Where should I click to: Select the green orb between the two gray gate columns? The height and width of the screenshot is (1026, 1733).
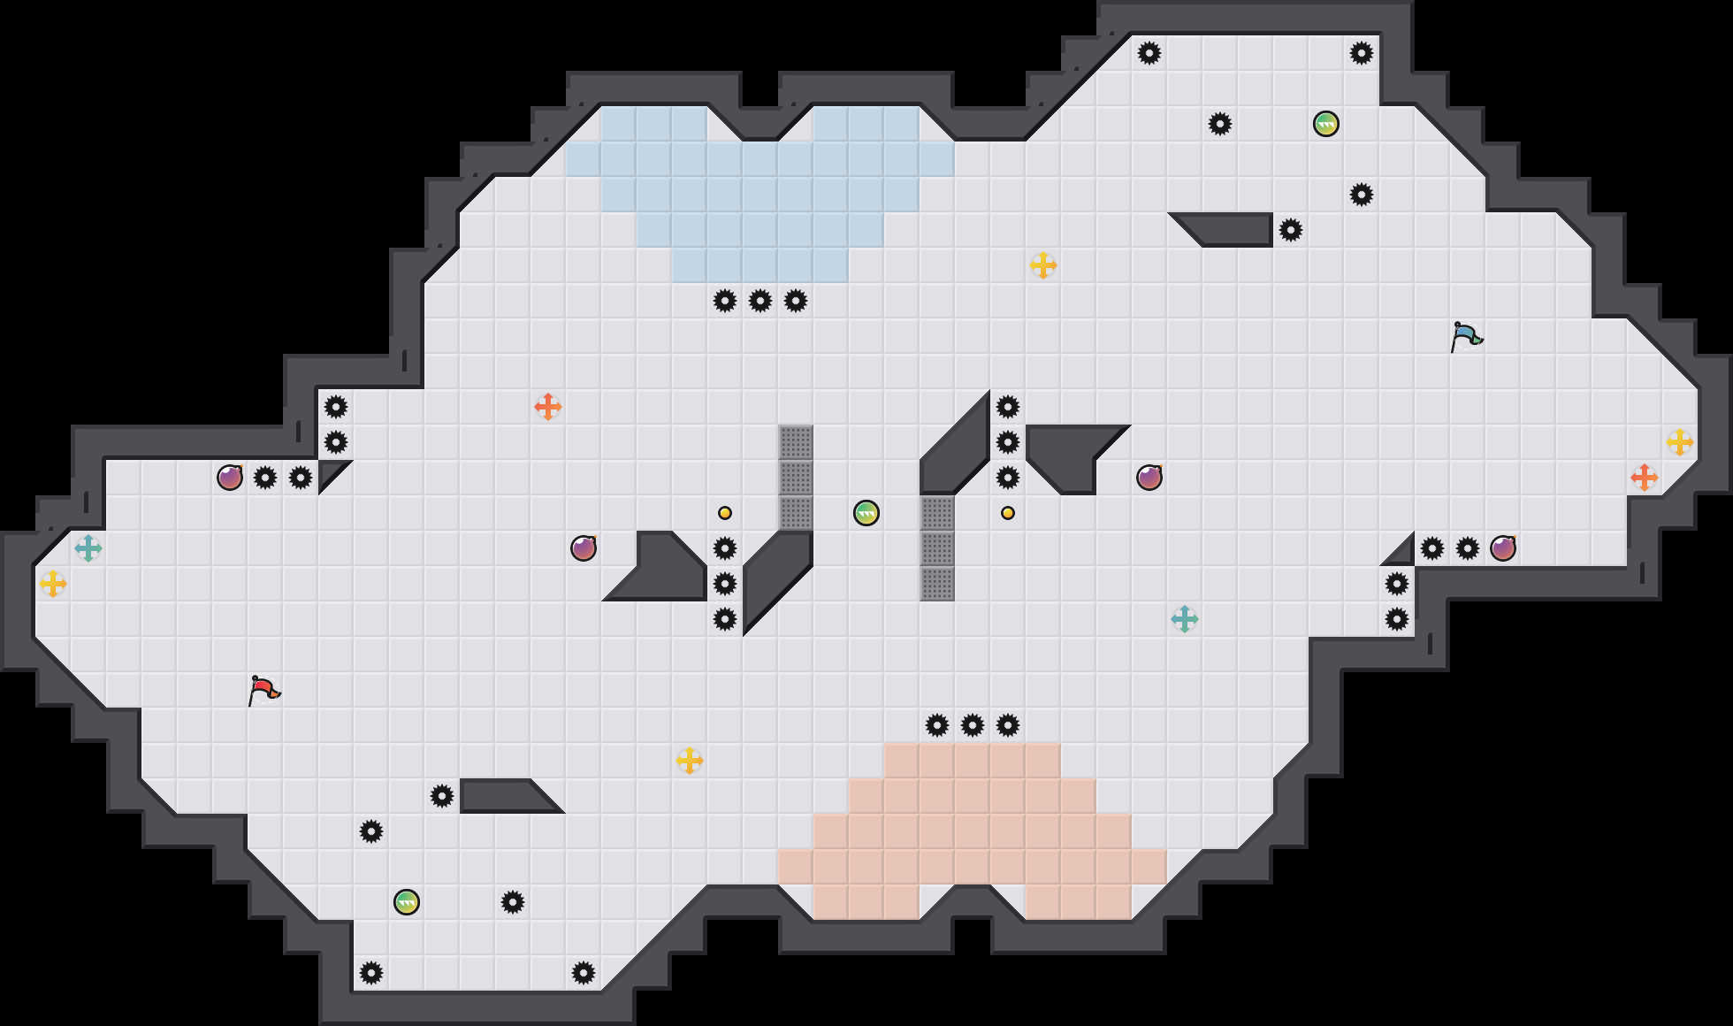866,513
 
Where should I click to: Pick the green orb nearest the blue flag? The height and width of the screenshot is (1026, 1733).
1326,124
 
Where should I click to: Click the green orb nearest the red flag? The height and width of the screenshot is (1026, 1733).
407,902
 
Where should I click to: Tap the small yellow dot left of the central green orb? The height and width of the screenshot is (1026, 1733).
725,513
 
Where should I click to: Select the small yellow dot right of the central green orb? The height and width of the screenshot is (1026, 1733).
1008,513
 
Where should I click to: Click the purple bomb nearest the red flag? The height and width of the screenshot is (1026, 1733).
230,478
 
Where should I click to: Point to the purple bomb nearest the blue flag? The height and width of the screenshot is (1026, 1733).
1503,548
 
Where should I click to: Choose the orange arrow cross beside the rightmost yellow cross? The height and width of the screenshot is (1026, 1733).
1645,478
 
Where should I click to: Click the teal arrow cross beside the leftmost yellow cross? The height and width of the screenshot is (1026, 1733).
88,548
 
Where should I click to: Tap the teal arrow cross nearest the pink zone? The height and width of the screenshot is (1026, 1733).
1185,619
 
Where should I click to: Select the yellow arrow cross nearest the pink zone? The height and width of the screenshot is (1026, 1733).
690,761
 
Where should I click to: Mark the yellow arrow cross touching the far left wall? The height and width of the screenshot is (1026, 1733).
53,584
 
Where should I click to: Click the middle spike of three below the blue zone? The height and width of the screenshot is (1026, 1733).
760,301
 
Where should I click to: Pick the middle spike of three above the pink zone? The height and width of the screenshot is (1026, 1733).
973,725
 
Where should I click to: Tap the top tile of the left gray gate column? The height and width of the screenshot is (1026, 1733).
796,442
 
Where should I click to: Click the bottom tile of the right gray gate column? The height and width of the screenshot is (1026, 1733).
937,584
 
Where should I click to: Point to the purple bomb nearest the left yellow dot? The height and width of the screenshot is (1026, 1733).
584,548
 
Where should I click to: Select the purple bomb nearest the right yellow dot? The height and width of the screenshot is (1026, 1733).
1149,478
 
